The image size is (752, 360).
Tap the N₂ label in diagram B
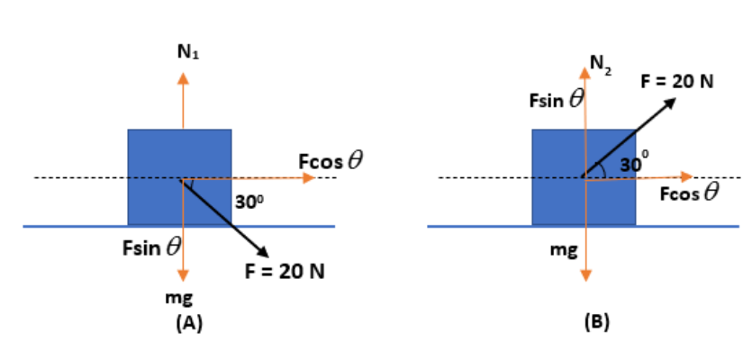[x=601, y=64]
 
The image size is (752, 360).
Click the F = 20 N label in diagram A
[x=284, y=271]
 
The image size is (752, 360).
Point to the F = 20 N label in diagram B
[x=677, y=81]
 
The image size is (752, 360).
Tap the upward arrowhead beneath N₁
[x=183, y=77]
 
